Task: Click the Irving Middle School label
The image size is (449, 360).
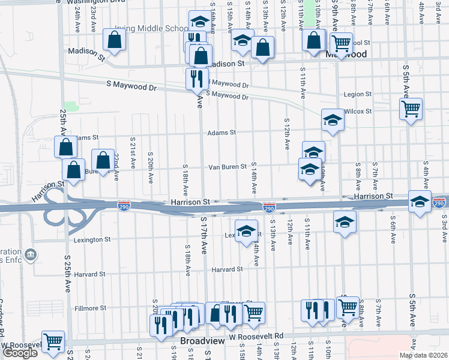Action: pos(155,28)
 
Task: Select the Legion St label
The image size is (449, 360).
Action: pos(358,95)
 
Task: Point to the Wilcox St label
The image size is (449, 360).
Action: pos(358,112)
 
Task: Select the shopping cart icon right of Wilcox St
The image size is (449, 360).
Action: pos(411,109)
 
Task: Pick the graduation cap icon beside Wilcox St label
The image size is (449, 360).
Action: pos(333,119)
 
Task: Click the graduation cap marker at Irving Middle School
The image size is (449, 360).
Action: pos(198,22)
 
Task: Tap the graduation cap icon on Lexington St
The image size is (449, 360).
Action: pos(246,230)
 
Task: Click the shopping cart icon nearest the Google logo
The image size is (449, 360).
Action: pos(53,341)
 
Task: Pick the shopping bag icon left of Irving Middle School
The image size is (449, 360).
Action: pos(113,40)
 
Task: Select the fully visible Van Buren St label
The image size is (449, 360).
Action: pos(228,167)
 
